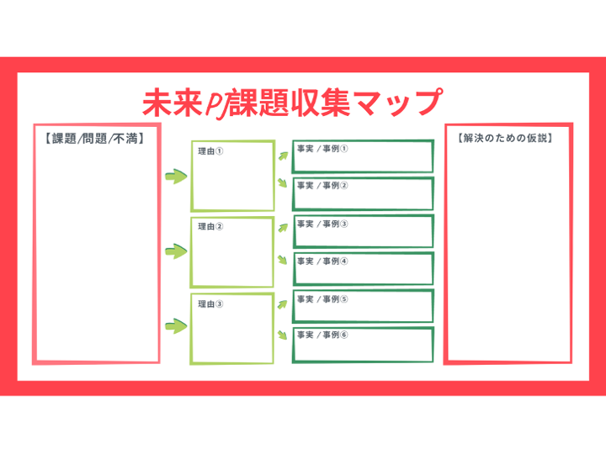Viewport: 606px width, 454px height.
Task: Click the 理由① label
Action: (210, 153)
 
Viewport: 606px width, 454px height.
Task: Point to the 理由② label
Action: (210, 227)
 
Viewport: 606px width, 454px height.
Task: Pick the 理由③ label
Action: (210, 304)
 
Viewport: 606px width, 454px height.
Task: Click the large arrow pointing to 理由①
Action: (175, 177)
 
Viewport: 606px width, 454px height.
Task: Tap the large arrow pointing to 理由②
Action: (175, 251)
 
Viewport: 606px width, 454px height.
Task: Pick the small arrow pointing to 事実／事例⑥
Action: (283, 335)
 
